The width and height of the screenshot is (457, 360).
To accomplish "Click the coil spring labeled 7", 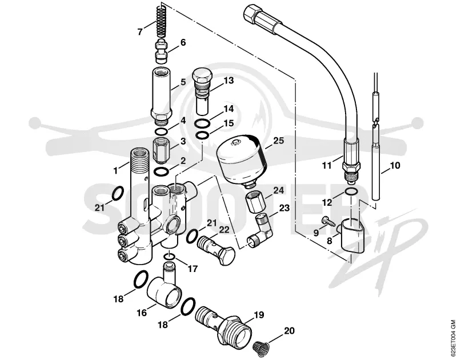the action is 161,21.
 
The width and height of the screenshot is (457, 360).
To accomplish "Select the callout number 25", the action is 278,141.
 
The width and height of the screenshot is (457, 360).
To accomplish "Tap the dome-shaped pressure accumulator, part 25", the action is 242,159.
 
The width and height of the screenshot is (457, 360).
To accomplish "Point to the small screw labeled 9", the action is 328,221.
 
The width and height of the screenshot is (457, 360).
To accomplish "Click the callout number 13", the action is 229,81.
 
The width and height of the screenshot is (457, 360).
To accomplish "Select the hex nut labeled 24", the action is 254,202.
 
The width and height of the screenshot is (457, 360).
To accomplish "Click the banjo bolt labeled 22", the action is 216,250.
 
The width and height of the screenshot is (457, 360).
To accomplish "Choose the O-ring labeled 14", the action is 202,123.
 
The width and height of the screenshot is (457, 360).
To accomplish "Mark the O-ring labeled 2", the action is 161,171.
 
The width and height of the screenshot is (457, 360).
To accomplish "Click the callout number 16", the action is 142,313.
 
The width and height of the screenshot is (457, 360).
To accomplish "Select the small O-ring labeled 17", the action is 169,257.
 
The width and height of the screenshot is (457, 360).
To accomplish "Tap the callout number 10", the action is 395,166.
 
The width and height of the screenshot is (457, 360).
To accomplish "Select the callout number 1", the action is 116,170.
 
